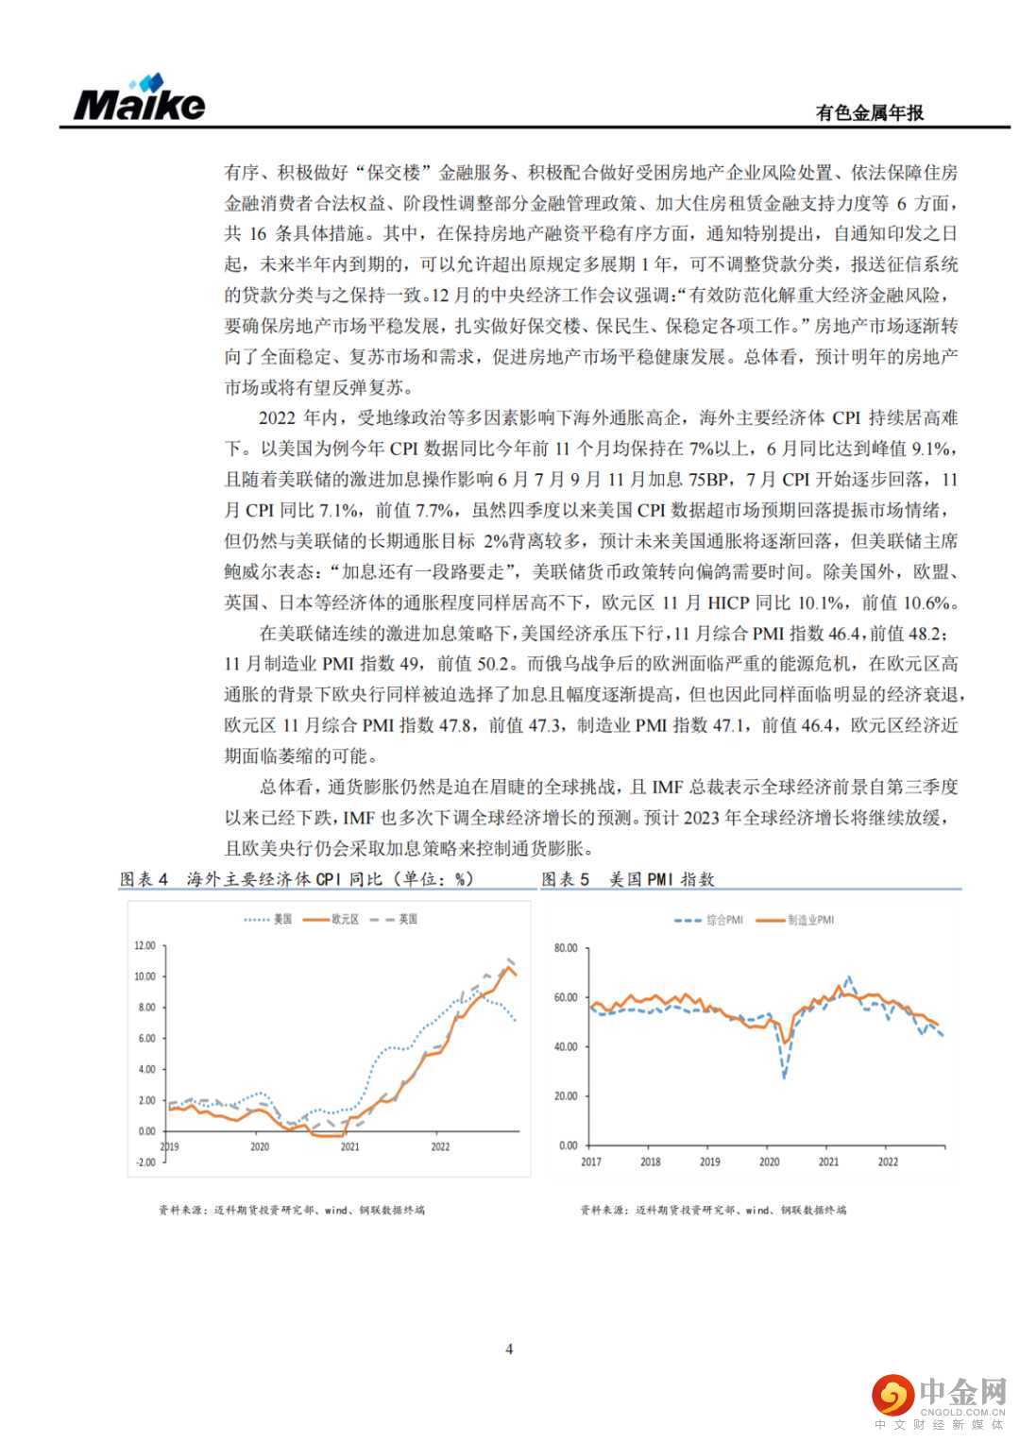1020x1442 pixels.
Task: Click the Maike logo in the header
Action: coord(139,99)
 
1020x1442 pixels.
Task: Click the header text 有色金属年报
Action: coord(869,112)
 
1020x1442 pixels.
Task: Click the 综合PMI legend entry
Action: coord(723,920)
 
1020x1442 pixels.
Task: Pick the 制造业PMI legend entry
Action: coord(810,920)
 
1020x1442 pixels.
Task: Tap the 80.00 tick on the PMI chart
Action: coord(566,948)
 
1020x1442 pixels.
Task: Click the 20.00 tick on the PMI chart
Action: coord(566,1096)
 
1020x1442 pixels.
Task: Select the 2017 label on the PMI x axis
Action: coord(591,1162)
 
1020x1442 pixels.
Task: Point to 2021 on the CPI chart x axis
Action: coord(349,1146)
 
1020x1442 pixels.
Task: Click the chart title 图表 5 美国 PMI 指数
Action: coord(628,879)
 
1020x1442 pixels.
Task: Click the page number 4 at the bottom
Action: coord(510,1349)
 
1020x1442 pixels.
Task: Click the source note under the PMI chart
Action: coord(713,1210)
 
